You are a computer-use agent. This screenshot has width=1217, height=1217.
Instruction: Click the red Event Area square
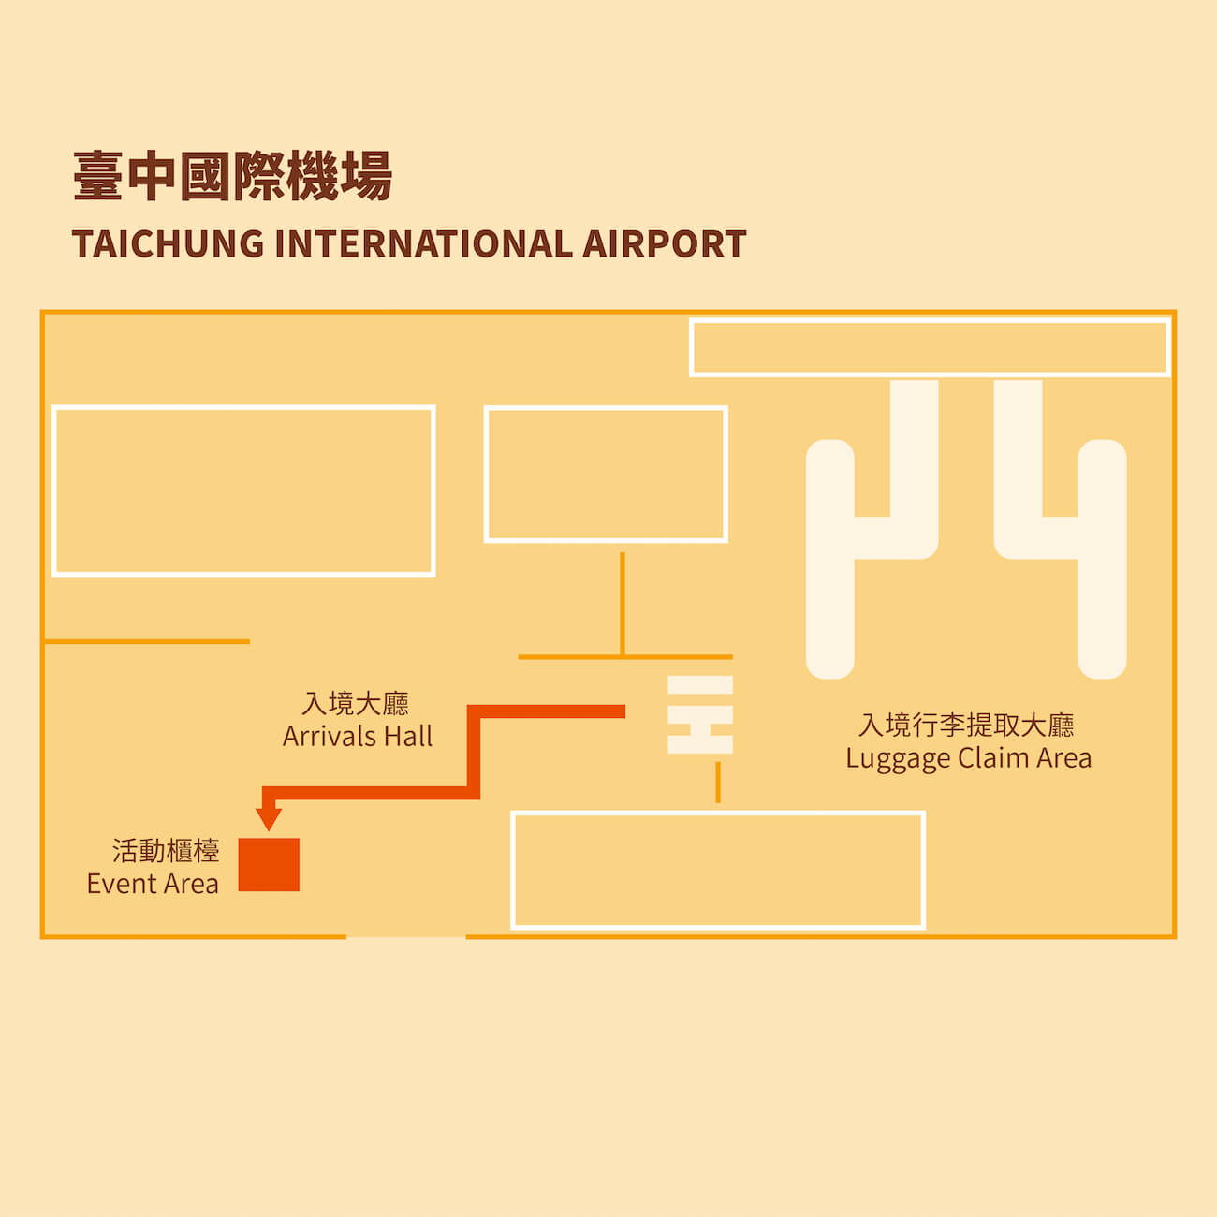(x=269, y=864)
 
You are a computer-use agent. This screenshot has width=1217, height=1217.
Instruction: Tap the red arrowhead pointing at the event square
(x=269, y=818)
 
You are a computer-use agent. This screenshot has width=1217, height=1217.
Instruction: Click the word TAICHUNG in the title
(x=169, y=244)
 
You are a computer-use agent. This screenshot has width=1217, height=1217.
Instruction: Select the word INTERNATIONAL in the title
(x=424, y=244)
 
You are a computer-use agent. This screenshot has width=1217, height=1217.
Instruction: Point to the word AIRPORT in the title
(x=665, y=244)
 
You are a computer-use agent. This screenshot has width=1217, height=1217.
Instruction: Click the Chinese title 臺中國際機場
(x=232, y=176)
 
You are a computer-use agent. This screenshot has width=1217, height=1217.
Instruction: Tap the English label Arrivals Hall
(x=358, y=737)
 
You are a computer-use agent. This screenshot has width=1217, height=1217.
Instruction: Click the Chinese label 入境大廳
(x=356, y=703)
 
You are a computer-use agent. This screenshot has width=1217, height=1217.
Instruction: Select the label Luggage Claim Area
(x=968, y=758)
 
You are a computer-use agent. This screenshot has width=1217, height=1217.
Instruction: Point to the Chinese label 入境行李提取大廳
(x=966, y=725)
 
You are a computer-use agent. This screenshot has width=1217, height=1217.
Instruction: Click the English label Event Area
(x=153, y=884)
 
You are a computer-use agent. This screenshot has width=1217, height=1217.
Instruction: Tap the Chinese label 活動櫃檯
(x=166, y=851)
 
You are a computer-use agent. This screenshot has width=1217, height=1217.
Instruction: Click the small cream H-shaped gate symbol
(x=700, y=715)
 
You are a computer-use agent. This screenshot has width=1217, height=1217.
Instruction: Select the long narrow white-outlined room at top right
(x=930, y=347)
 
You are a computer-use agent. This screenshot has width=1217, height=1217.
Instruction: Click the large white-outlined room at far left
(x=243, y=491)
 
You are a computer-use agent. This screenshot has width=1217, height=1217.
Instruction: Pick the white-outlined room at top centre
(x=606, y=475)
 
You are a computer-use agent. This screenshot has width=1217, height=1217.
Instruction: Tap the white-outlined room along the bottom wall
(x=718, y=870)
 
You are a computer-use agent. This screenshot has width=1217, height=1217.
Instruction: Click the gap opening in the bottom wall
(x=406, y=936)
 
